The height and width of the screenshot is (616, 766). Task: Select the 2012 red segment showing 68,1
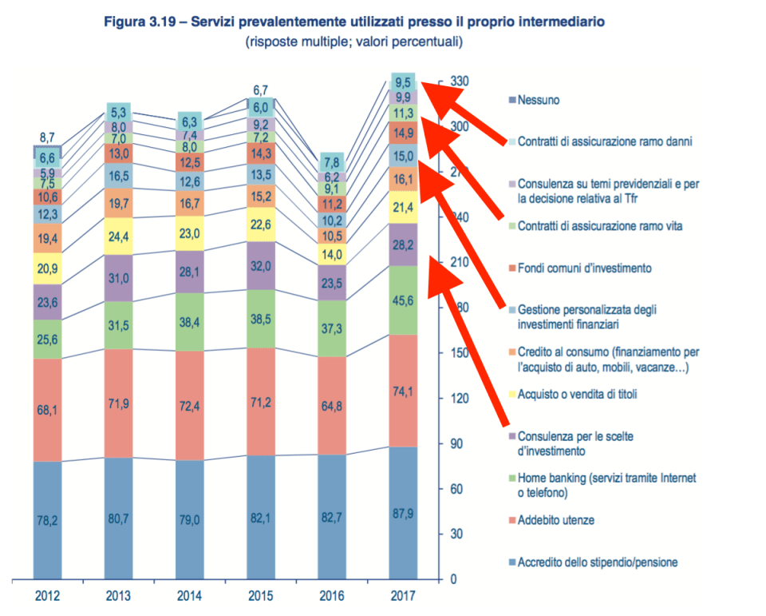(x=47, y=410)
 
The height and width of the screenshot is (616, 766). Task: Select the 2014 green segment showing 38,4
(x=189, y=321)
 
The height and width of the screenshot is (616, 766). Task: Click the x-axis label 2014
(x=189, y=595)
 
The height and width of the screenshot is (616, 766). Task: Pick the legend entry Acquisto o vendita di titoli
(x=577, y=393)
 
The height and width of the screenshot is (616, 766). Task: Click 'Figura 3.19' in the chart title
(x=141, y=22)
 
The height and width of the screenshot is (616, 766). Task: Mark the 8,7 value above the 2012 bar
(x=46, y=137)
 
